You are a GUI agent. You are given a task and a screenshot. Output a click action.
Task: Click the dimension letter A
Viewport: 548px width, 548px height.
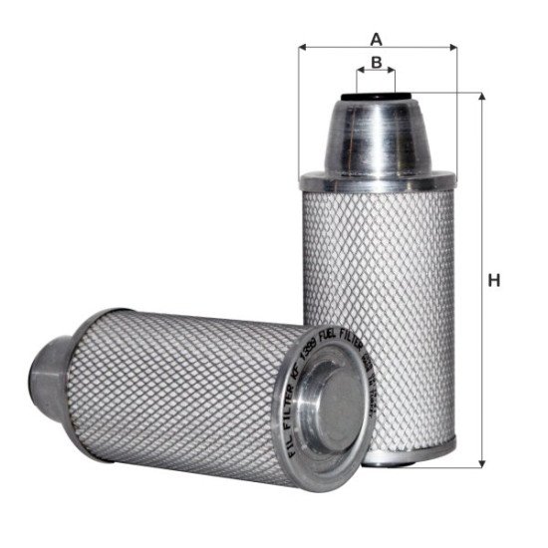(x=376, y=39)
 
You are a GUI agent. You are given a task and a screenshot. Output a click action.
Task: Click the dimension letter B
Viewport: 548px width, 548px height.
(x=376, y=63)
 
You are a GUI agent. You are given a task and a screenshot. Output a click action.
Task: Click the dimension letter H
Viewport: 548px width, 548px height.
(x=493, y=281)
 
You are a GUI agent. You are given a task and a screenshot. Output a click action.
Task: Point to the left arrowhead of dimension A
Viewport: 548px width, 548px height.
(x=303, y=47)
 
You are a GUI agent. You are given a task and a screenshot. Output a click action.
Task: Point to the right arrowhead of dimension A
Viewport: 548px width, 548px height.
(x=450, y=47)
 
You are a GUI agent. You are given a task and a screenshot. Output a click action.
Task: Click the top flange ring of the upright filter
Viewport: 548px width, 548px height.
(x=377, y=184)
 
